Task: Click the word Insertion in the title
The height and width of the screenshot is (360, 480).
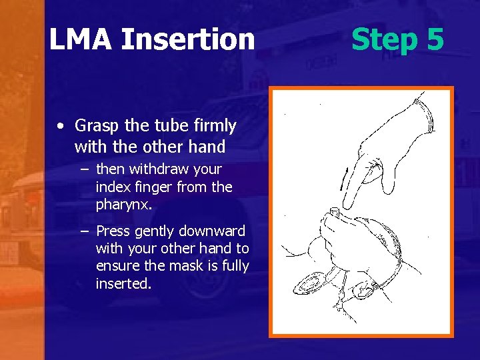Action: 188,40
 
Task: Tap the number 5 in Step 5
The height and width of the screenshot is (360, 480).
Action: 434,39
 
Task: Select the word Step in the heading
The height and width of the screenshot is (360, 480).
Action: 383,40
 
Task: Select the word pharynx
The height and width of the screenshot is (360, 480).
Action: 124,205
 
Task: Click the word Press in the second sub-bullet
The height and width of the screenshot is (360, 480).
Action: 114,231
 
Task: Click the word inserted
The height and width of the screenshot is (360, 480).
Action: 123,283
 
